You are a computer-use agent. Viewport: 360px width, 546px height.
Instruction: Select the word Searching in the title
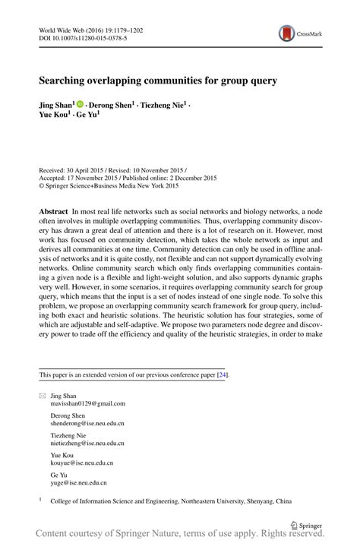65,78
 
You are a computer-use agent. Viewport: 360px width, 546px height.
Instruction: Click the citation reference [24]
222,374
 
